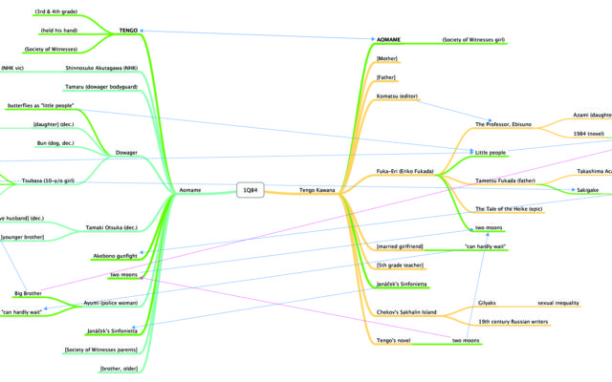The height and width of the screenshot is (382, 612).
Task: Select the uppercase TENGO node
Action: tap(129, 31)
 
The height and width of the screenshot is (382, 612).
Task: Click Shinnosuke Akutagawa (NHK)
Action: tap(100, 69)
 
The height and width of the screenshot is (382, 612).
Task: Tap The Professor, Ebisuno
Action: tap(508, 124)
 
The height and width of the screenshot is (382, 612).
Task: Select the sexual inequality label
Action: tap(558, 303)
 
